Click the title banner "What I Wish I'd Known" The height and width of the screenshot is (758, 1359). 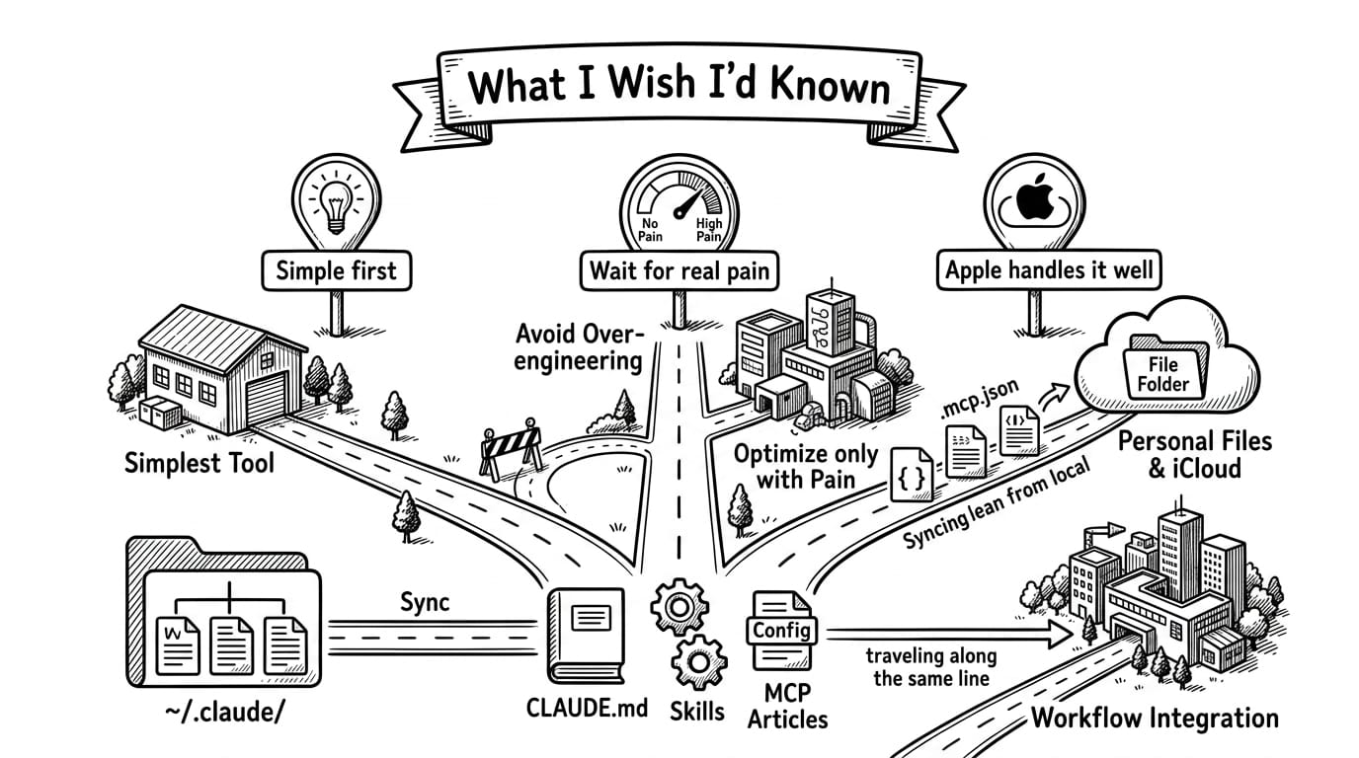(679, 85)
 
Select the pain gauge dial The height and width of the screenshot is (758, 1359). (679, 202)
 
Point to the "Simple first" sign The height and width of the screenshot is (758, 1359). (336, 270)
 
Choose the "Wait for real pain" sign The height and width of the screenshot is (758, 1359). (679, 270)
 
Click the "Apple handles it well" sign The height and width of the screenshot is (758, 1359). (1048, 270)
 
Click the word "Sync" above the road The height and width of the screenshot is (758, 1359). (426, 601)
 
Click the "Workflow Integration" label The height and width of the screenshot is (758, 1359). (1154, 718)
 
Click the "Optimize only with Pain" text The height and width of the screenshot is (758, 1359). (805, 467)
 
